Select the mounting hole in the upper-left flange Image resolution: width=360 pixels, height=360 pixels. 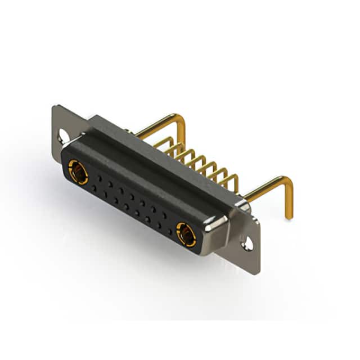pyautogui.click(x=61, y=135)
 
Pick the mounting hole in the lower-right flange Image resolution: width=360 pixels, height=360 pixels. pyautogui.click(x=246, y=243)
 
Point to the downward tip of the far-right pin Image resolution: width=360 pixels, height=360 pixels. pyautogui.click(x=289, y=216)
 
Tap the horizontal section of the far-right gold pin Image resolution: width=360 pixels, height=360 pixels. pyautogui.click(x=264, y=188)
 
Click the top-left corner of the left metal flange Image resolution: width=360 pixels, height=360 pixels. pyautogui.click(x=53, y=107)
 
